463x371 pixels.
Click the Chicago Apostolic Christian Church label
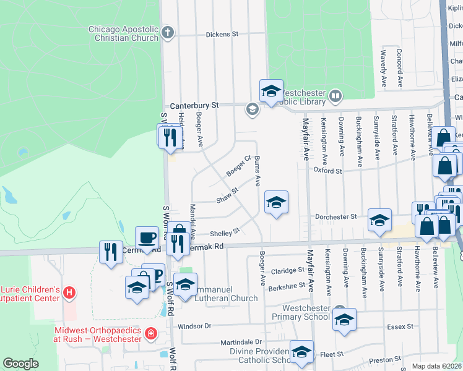123,33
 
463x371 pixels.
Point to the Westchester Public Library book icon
335,95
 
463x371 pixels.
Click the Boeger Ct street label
238,165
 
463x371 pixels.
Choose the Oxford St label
327,170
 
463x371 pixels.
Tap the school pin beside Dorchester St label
379,220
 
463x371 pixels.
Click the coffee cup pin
147,237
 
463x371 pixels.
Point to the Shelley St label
224,232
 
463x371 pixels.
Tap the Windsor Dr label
194,326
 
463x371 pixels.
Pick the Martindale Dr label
241,342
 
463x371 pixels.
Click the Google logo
20,364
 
